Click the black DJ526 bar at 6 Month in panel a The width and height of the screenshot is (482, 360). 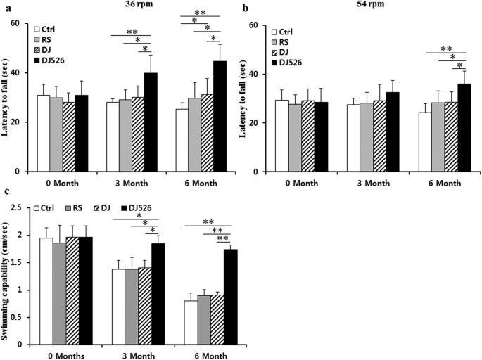click(x=220, y=116)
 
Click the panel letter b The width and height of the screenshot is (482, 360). click(x=244, y=8)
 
